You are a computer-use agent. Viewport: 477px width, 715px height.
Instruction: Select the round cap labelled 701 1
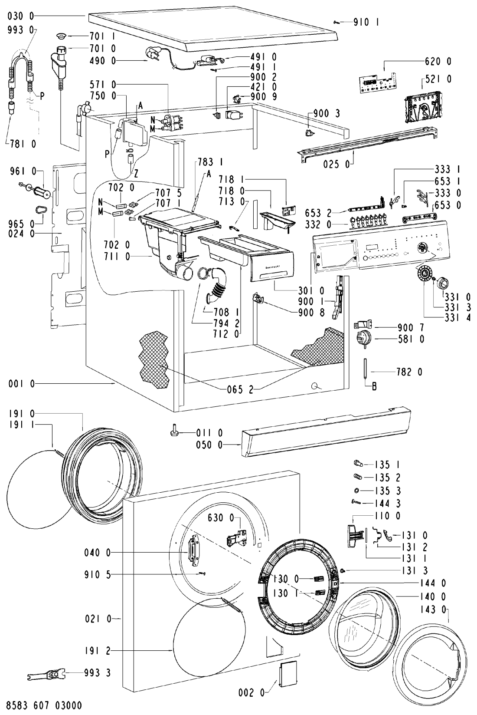pyautogui.click(x=61, y=36)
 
